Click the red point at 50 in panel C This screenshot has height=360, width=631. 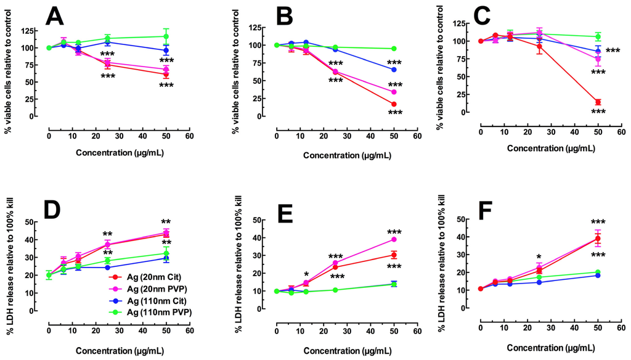coord(597,102)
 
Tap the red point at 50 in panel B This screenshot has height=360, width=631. coord(393,104)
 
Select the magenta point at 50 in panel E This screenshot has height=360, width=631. coord(393,239)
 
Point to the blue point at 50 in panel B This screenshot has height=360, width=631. coord(393,70)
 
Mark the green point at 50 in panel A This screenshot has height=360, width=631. coord(166,36)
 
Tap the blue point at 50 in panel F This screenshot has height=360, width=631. coord(597,275)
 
